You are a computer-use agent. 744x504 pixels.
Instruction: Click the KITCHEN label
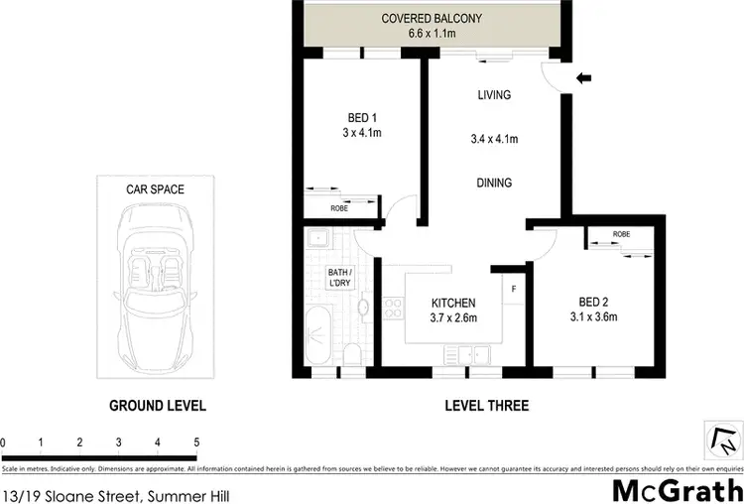453,304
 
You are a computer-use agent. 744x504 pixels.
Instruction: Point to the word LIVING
493,95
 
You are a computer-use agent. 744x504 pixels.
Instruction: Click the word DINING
493,183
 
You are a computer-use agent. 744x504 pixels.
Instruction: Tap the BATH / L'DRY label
340,279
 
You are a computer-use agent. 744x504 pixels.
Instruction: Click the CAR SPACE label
154,189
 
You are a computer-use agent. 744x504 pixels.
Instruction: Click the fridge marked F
513,289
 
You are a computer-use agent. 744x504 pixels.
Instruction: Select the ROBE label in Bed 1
339,208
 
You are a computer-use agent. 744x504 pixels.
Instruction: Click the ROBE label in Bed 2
621,235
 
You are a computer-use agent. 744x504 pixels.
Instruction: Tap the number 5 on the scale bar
196,442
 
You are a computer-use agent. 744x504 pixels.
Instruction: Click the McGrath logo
675,488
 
